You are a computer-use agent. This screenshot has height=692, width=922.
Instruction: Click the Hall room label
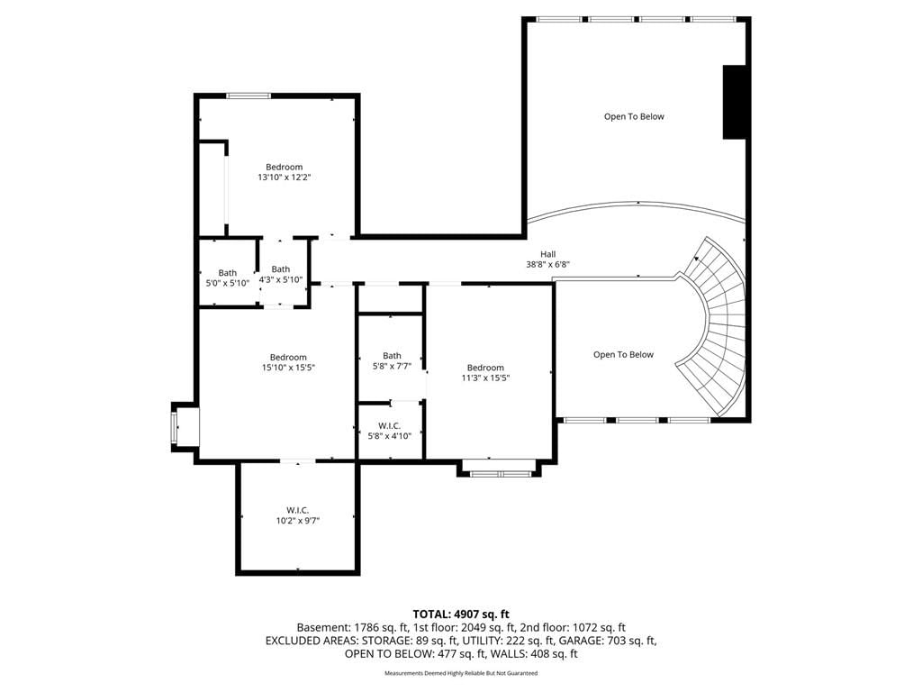point(548,254)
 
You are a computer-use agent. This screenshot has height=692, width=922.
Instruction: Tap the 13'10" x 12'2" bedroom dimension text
point(284,178)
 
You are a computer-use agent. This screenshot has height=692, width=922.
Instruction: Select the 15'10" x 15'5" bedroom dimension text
point(288,368)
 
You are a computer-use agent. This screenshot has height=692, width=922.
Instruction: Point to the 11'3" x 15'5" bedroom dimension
point(485,378)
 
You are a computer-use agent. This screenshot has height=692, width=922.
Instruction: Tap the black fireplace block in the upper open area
point(734,102)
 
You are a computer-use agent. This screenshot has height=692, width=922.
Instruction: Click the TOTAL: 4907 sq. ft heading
point(461,615)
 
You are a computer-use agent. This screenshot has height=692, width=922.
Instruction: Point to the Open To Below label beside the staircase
point(623,354)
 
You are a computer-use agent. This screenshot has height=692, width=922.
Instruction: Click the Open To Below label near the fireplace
point(634,116)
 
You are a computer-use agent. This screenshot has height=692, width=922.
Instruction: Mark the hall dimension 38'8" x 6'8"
point(548,265)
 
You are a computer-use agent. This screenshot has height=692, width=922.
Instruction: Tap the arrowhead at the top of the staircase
point(698,258)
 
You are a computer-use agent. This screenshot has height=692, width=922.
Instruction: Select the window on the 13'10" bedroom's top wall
point(249,96)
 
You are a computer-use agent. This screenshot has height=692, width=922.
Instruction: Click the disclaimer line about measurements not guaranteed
point(461,673)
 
